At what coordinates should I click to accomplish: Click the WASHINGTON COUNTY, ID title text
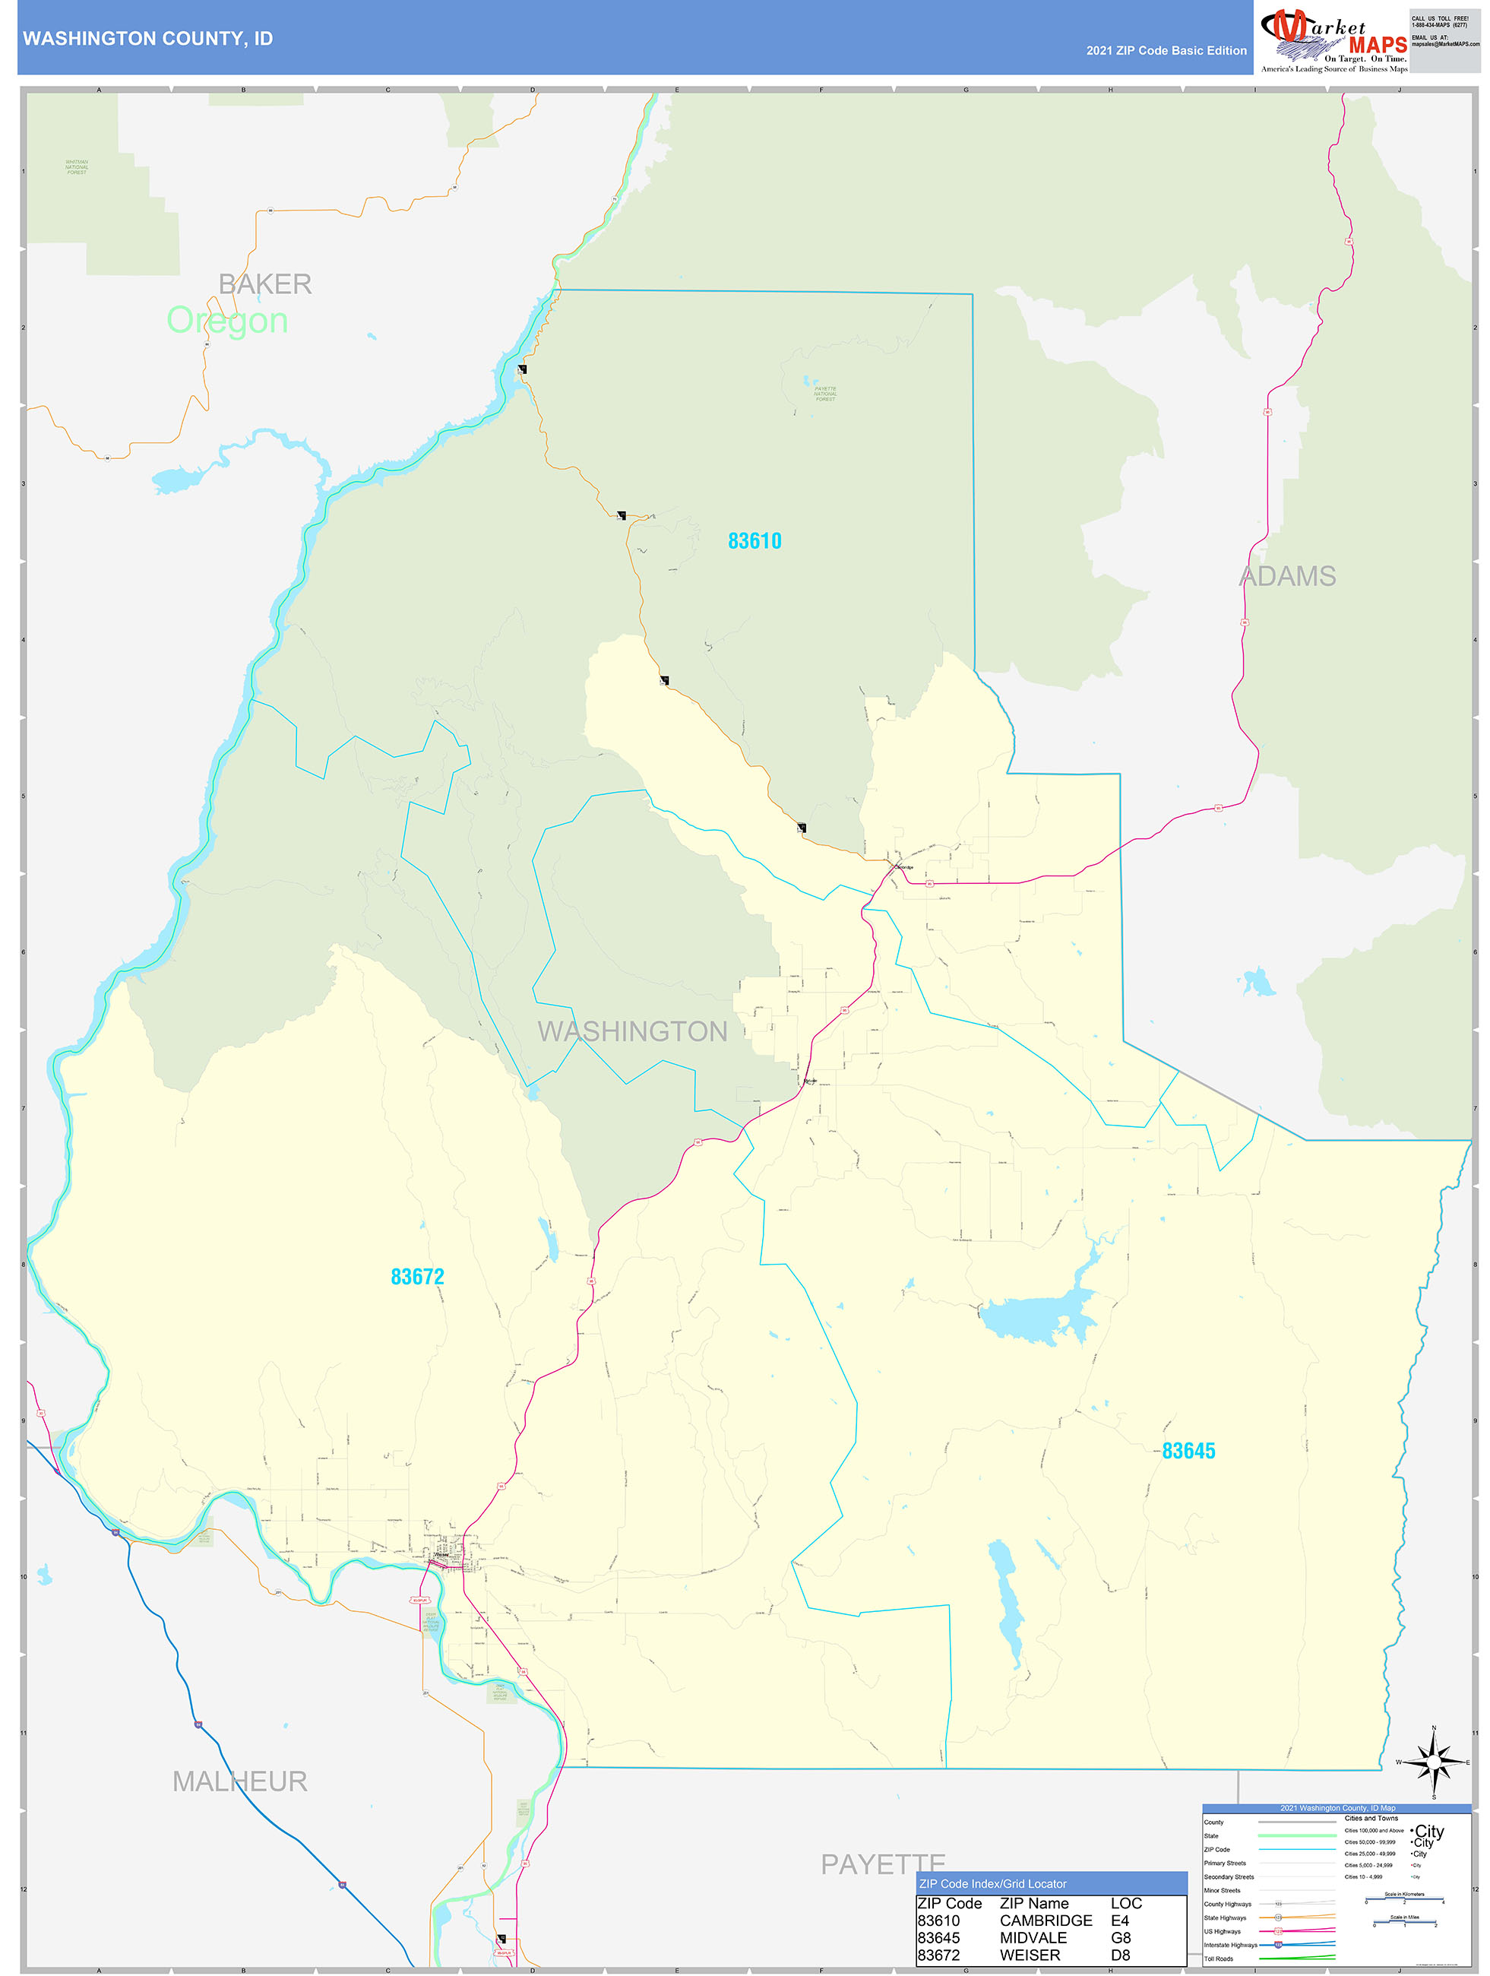coord(147,39)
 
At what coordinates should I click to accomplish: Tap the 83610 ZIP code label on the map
coord(754,540)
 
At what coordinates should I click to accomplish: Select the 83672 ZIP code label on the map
coord(417,1277)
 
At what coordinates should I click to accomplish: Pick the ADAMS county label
coord(1287,576)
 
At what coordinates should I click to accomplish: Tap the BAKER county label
coord(265,284)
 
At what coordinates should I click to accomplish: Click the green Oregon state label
coord(227,321)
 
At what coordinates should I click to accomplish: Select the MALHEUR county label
coord(239,1781)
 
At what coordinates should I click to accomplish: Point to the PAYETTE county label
coord(883,1864)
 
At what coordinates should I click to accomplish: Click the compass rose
coord(1434,1762)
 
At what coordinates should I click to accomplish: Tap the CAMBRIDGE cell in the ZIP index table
coord(1046,1920)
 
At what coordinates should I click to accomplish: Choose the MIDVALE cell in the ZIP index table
coord(1033,1937)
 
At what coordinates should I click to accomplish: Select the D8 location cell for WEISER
coord(1120,1955)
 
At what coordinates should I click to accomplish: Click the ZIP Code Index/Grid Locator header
coord(992,1884)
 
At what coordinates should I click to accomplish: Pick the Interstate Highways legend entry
coord(1230,1945)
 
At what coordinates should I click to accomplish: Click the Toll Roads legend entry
coord(1219,1958)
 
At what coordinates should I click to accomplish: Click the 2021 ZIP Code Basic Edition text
coord(1166,51)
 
